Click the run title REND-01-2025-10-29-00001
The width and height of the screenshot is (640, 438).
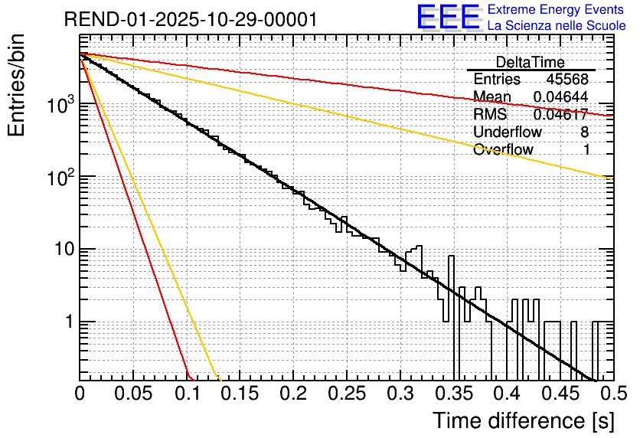190,20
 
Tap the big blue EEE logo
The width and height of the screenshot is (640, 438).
448,18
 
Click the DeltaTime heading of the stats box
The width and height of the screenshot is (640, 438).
531,62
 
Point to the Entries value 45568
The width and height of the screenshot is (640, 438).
567,80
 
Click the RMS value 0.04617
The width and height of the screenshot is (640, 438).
561,115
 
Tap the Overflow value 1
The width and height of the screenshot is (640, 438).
586,150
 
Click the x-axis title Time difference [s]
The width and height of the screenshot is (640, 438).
521,420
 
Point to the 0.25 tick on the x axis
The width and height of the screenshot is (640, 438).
346,394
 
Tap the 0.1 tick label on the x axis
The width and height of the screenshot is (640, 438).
186,394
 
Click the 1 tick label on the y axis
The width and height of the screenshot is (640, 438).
68,322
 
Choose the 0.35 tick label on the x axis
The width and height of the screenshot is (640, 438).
452,394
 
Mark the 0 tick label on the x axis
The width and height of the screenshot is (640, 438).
80,394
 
